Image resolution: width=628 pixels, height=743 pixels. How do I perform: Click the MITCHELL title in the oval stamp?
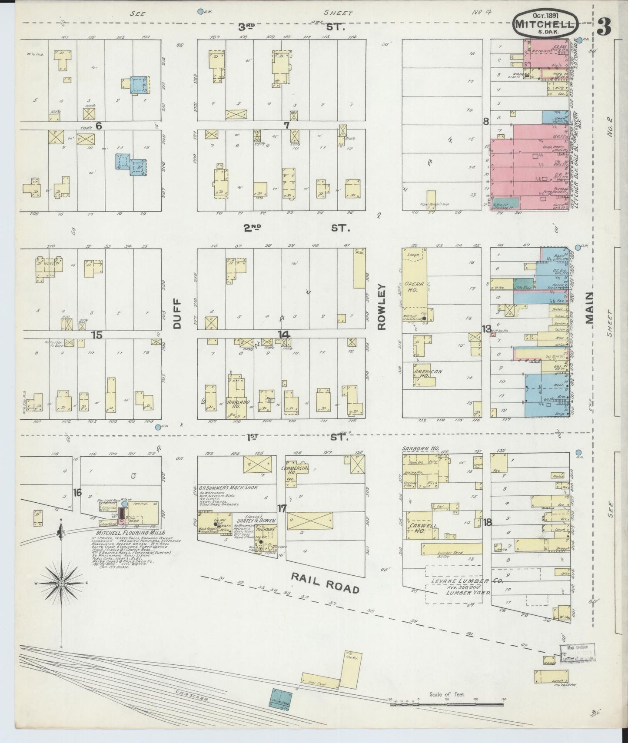545,24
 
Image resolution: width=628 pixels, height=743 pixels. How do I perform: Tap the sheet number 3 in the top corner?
604,27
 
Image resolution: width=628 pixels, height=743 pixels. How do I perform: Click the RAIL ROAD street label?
325,583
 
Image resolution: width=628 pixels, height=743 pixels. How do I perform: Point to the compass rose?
62,583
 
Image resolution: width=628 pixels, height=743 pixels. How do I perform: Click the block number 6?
99,126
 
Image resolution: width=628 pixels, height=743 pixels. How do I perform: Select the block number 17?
282,508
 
